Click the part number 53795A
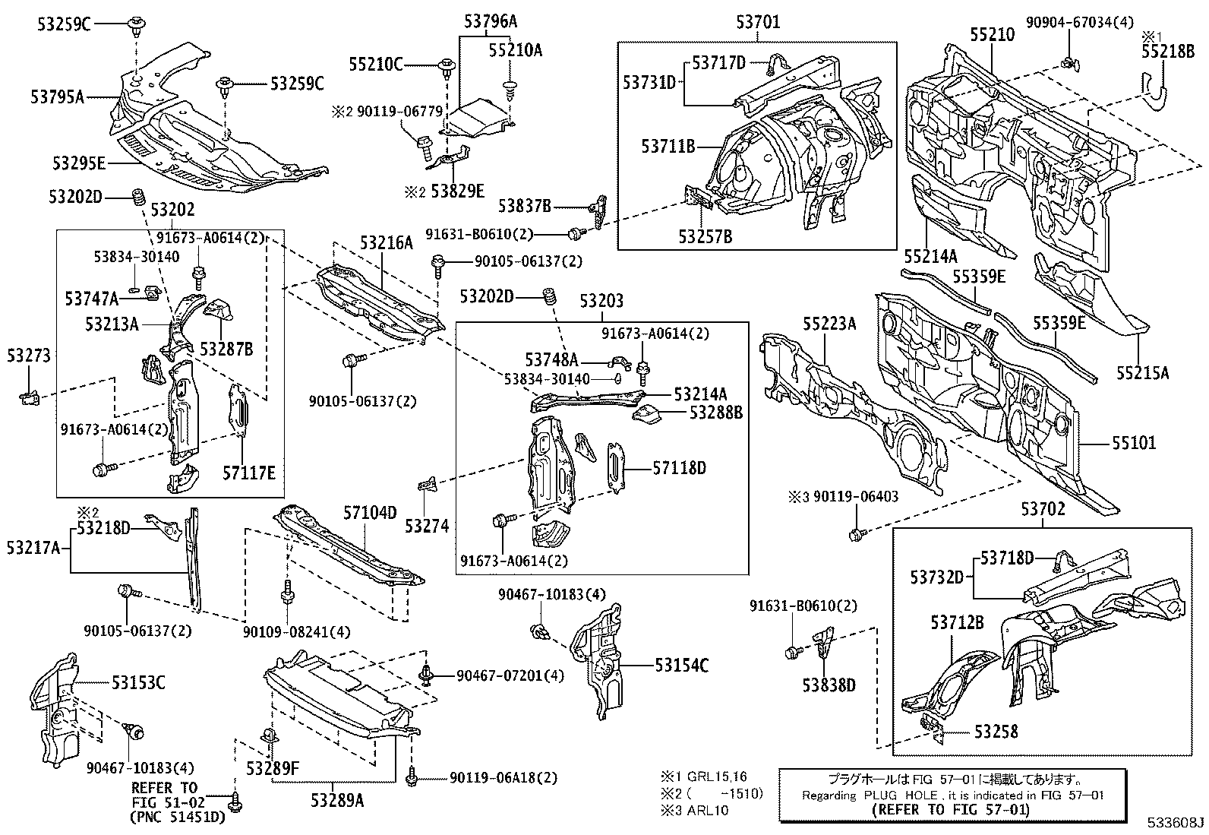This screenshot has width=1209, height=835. pyautogui.click(x=57, y=97)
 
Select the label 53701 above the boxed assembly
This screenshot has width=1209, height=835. pyautogui.click(x=759, y=22)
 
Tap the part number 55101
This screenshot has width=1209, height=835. pyautogui.click(x=1134, y=443)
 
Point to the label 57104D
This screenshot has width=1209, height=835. pyautogui.click(x=371, y=513)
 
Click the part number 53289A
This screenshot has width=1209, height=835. pyautogui.click(x=337, y=800)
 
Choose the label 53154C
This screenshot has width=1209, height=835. pyautogui.click(x=682, y=666)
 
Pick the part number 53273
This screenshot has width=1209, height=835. pyautogui.click(x=29, y=356)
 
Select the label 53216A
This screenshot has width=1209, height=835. pyautogui.click(x=387, y=243)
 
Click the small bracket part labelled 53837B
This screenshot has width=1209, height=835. pyautogui.click(x=598, y=213)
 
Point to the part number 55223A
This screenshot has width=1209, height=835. pyautogui.click(x=829, y=324)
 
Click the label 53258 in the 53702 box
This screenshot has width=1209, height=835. pyautogui.click(x=996, y=732)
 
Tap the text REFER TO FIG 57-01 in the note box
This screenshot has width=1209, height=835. pyautogui.click(x=951, y=810)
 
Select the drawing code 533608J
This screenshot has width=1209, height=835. pyautogui.click(x=1176, y=823)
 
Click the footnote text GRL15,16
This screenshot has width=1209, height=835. pyautogui.click(x=717, y=776)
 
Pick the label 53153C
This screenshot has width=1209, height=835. pyautogui.click(x=138, y=683)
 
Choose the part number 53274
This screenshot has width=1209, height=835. pyautogui.click(x=427, y=526)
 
